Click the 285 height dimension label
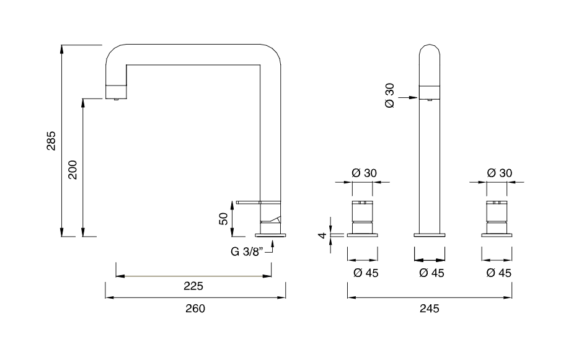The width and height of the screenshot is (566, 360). pyautogui.click(x=52, y=141)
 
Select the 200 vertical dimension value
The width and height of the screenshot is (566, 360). pyautogui.click(x=73, y=169)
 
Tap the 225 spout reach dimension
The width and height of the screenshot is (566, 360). pyautogui.click(x=194, y=286)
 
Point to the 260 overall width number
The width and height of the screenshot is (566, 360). pyautogui.click(x=195, y=309)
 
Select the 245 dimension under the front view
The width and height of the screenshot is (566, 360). pyautogui.click(x=429, y=309)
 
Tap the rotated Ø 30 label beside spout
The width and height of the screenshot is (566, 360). pyautogui.click(x=389, y=97)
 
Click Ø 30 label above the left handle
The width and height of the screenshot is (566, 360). pyautogui.click(x=364, y=173)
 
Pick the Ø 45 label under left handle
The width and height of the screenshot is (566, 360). pyautogui.click(x=364, y=273)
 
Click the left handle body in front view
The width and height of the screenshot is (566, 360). pyautogui.click(x=363, y=217)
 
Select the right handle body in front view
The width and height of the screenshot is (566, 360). pyautogui.click(x=497, y=217)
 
